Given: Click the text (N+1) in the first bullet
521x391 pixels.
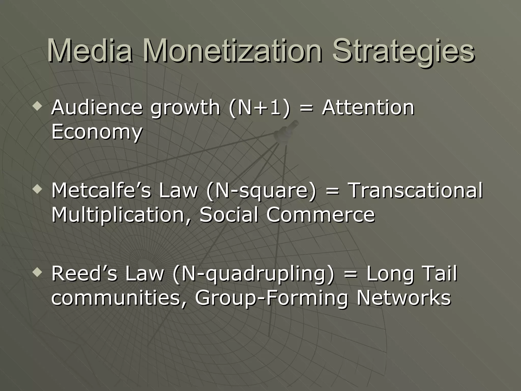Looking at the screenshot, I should tap(259, 108).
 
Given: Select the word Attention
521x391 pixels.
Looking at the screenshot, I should tap(368, 107).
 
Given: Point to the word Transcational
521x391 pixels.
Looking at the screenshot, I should tap(415, 190).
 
